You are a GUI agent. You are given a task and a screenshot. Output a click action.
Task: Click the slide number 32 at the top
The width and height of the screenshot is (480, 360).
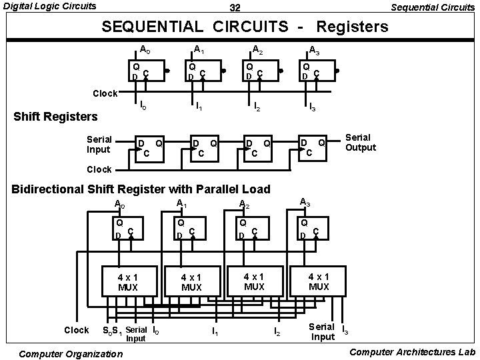(x=235, y=8)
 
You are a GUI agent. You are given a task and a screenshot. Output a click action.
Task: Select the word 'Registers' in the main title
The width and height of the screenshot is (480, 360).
(x=352, y=27)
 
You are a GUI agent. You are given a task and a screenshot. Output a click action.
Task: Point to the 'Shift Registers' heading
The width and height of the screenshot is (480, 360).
(x=56, y=117)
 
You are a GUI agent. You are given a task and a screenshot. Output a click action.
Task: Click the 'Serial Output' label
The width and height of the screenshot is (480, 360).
(x=360, y=143)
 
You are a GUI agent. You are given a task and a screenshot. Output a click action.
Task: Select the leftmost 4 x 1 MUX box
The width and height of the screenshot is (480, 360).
(x=128, y=282)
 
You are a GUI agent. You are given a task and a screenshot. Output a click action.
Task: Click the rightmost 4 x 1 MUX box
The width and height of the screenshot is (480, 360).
(x=319, y=281)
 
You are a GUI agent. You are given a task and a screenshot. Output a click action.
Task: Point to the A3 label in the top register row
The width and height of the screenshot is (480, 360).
(x=314, y=49)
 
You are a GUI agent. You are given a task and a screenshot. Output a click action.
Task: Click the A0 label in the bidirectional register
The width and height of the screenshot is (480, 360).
(x=120, y=204)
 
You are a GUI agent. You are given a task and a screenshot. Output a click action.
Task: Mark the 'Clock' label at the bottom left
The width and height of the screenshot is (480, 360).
(x=76, y=330)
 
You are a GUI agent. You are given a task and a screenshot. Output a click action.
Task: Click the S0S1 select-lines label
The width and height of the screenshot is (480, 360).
(x=111, y=331)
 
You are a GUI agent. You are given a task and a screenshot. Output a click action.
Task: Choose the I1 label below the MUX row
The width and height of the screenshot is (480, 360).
(x=214, y=331)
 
